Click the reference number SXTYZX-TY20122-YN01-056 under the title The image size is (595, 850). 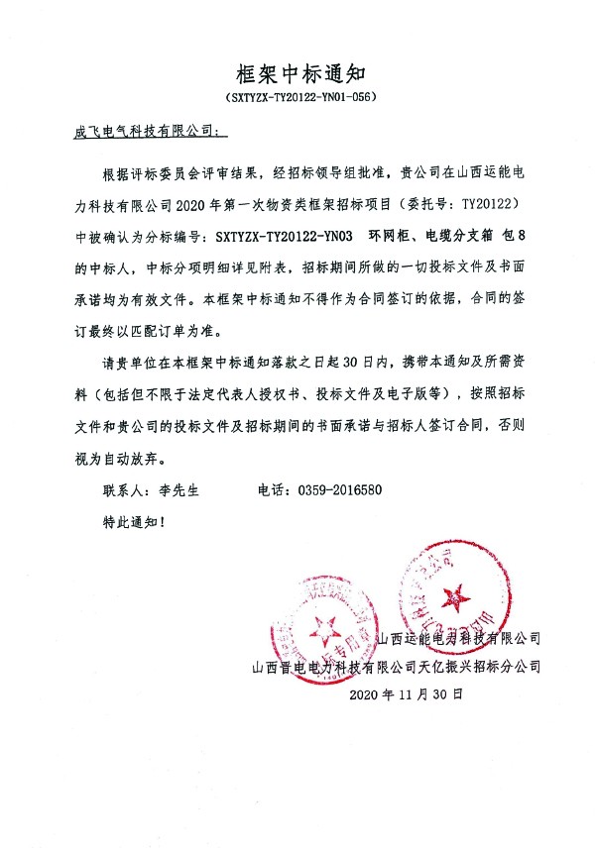click(x=297, y=99)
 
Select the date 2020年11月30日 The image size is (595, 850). click(x=407, y=694)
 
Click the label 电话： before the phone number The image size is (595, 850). click(x=274, y=489)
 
